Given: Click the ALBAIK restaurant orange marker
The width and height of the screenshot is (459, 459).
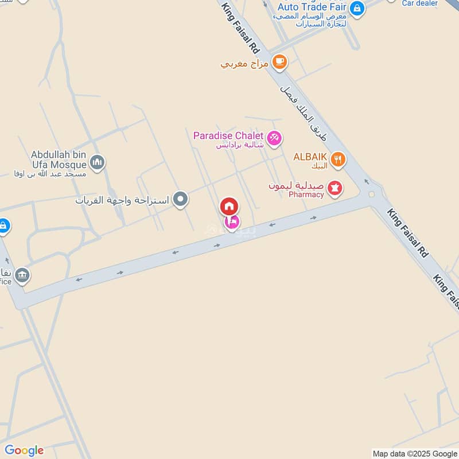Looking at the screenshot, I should click(339, 160).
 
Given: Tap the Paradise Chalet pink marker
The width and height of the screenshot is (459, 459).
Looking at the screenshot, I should click(275, 138).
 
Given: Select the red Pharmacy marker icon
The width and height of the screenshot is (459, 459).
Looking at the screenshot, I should click(335, 187).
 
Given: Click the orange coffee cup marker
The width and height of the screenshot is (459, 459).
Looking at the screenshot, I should click(279, 61).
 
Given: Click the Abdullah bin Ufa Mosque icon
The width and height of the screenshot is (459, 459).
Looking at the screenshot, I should click(97, 162).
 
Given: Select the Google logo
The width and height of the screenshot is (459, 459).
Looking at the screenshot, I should click(24, 450).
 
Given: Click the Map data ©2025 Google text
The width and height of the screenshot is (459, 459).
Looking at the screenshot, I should click(414, 453).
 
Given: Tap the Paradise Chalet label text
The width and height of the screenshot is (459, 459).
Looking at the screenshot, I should click(228, 136).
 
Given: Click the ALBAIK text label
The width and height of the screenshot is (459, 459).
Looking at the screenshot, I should click(310, 156).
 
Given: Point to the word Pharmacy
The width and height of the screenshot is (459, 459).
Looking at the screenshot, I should click(306, 195).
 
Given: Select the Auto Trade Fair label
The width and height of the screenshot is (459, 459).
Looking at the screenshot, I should click(311, 7).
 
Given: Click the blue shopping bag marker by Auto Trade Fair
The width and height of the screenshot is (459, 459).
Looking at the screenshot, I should click(357, 9).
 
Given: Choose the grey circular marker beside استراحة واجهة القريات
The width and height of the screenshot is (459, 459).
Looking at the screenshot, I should click(181, 200).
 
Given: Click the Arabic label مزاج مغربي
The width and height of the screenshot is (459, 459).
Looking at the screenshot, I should click(244, 64).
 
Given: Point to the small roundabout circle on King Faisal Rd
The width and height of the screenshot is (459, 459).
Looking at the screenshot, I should click(372, 195).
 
